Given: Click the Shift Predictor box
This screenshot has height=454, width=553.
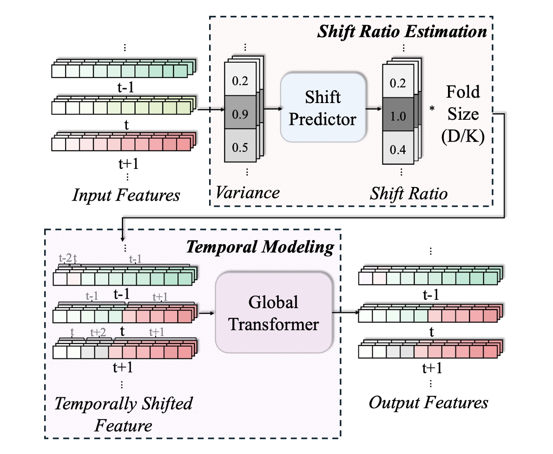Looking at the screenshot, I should coord(323,107).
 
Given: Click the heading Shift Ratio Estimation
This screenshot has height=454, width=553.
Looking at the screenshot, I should coord(402,32).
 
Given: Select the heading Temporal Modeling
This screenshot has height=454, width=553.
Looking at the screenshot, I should coord(260,247).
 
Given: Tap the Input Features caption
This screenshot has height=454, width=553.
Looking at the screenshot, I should coord(125,195).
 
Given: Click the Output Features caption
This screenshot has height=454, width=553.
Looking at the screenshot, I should coord(428,402).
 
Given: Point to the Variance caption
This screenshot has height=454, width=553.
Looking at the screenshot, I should coord(246,192).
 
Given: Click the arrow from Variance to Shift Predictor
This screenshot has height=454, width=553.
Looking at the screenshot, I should coord(272,109).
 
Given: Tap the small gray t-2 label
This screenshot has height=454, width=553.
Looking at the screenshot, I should coord(65,258).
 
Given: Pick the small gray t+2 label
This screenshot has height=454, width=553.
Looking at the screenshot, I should coord(99,332).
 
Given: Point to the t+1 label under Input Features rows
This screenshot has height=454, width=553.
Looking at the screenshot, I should coord(125,164).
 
